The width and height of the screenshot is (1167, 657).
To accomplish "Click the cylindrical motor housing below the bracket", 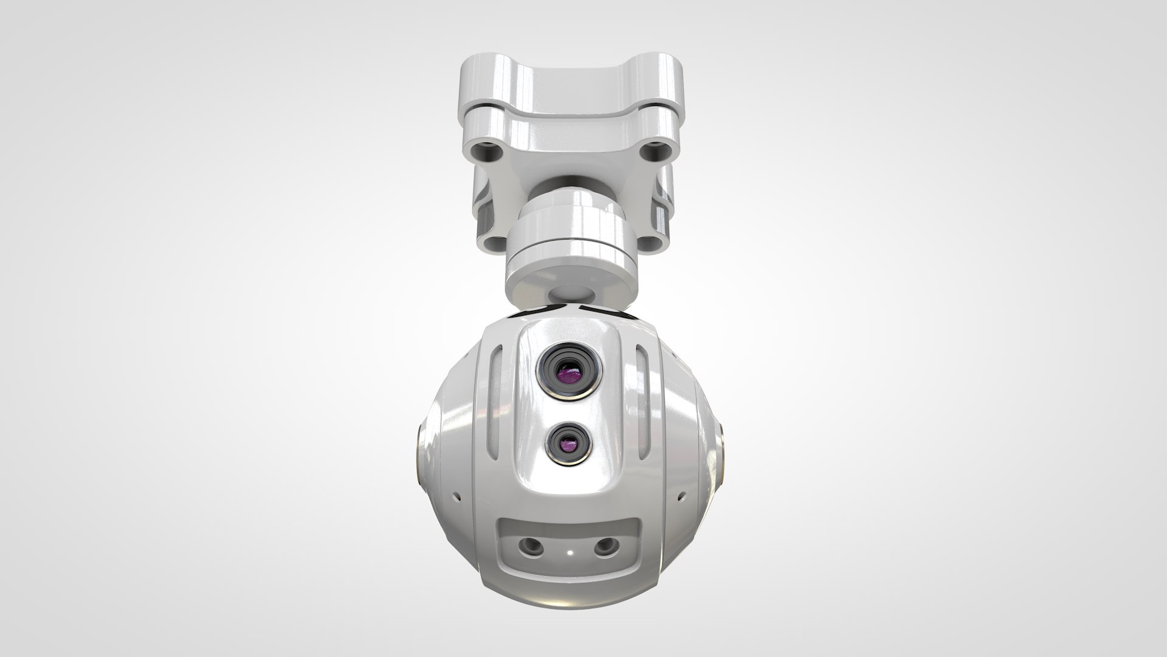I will [x=570, y=243].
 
